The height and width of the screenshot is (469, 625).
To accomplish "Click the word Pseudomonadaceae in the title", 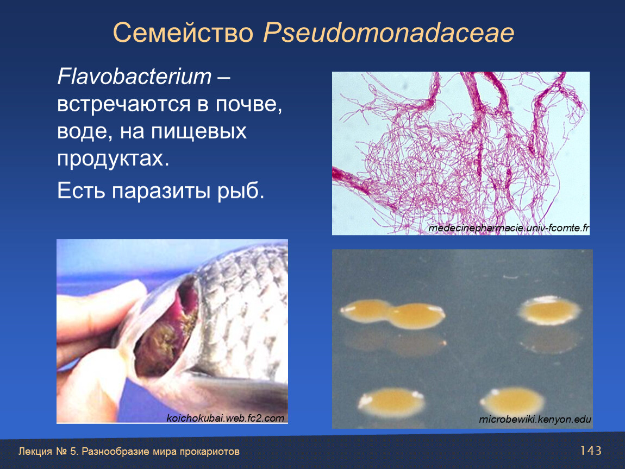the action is pyautogui.click(x=389, y=33).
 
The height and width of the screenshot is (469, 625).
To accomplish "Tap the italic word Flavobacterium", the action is pyautogui.click(x=134, y=76).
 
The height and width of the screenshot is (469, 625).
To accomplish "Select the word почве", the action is pyautogui.click(x=249, y=105).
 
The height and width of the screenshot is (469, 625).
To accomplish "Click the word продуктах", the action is pyautogui.click(x=113, y=159).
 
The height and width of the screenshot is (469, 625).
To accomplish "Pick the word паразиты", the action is pyautogui.click(x=161, y=191).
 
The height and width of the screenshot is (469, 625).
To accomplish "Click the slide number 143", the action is pyautogui.click(x=591, y=451).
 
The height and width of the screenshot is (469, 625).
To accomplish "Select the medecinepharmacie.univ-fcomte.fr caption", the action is pyautogui.click(x=509, y=228).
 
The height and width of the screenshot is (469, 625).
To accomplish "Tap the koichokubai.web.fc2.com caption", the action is pyautogui.click(x=225, y=418).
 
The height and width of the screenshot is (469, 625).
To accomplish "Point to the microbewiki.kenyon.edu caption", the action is pyautogui.click(x=535, y=419).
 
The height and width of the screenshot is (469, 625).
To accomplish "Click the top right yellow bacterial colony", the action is pyautogui.click(x=549, y=310).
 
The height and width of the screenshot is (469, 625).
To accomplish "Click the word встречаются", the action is pyautogui.click(x=124, y=105).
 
